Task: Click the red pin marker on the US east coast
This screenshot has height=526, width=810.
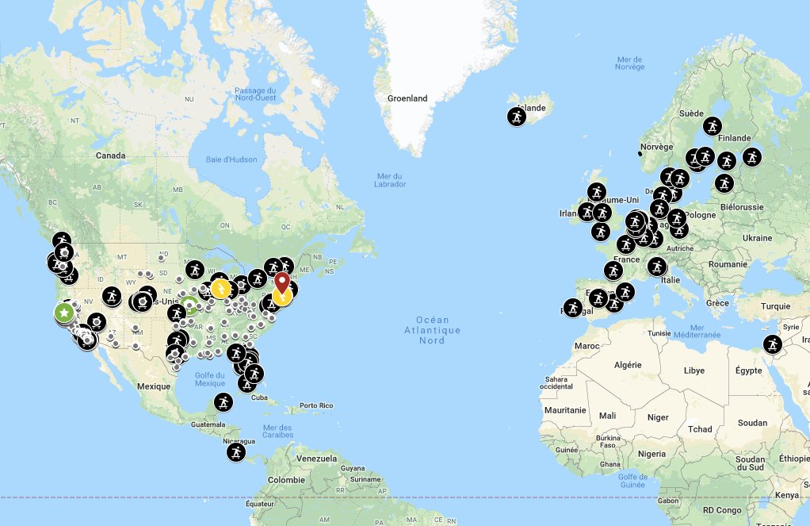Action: (281, 282)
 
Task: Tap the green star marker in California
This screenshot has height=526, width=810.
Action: (64, 313)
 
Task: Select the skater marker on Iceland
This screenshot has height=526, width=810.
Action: (517, 117)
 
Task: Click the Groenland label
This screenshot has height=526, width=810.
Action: (407, 98)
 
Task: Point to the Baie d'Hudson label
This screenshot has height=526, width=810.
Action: (231, 159)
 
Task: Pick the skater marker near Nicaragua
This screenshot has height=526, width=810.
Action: (235, 452)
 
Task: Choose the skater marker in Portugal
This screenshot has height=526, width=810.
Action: (573, 307)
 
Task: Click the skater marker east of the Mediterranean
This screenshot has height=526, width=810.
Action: (773, 344)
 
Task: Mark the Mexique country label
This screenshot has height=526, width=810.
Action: (154, 386)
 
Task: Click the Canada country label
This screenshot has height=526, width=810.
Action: (111, 155)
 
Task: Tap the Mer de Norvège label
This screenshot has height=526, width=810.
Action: (630, 63)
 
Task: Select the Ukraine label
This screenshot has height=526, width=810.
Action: (757, 237)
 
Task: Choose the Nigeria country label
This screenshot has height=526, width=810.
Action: (651, 454)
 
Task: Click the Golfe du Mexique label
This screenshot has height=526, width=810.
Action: (209, 379)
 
